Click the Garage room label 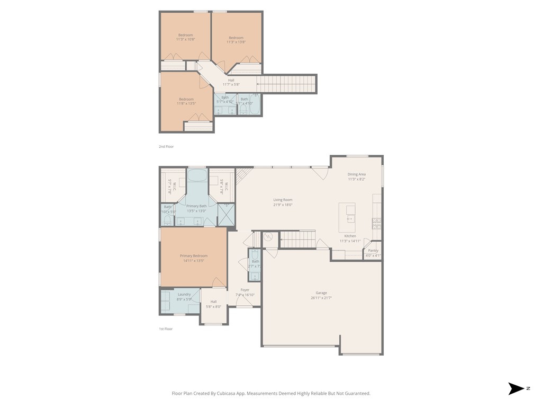pos(321,293)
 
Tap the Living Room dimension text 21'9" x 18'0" pos(283,205)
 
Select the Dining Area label pos(356,174)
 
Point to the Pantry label pos(373,251)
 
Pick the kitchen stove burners pos(377,222)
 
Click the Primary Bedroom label pos(193,256)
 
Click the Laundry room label pos(184,295)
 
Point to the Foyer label pos(245,290)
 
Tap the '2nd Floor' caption pos(166,146)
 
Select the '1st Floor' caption pos(166,329)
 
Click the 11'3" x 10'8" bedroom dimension pos(185,39)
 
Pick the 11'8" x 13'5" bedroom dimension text pos(186,103)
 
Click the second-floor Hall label pos(231,80)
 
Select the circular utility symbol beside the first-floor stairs pos(268,237)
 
